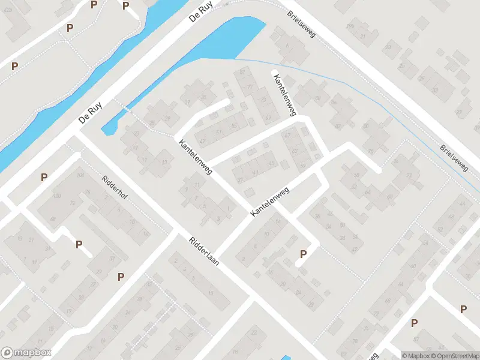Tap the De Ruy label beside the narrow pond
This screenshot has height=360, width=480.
pyautogui.click(x=91, y=112)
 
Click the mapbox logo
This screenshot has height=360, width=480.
pyautogui.click(x=26, y=353)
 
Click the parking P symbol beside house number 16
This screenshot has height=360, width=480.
pyautogui.click(x=303, y=254)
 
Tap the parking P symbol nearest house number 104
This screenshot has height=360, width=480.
pyautogui.click(x=44, y=177)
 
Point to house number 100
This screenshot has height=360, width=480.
pyautogui.click(x=57, y=196)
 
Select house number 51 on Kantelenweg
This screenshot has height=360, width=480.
pyautogui.click(x=218, y=132)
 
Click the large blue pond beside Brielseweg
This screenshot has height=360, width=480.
pyautogui.click(x=234, y=39)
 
